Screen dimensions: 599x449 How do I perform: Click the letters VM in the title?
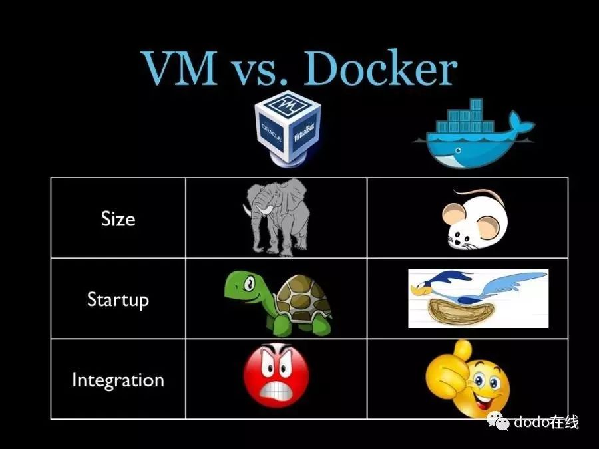[180, 68]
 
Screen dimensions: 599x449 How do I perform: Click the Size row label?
[118, 219]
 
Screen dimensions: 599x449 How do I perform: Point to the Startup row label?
[118, 300]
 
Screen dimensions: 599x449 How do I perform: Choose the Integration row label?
[118, 380]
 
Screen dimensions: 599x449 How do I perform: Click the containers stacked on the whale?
[474, 116]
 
